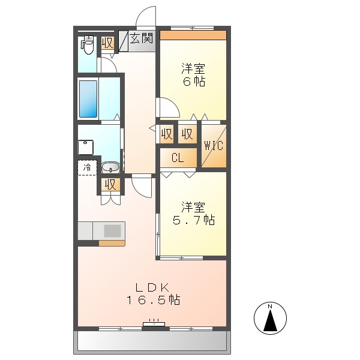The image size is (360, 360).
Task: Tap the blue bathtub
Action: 88,98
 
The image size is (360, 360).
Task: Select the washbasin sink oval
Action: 110,167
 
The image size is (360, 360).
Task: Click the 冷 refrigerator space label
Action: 87,167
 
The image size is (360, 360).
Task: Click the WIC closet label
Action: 214,145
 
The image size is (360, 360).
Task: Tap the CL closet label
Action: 178,158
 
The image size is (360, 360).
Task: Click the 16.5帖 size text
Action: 153,299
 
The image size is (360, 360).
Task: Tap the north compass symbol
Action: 270,319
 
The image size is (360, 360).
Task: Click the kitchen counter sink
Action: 112,230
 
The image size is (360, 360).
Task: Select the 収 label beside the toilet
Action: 107,43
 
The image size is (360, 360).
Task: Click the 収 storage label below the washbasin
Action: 110,184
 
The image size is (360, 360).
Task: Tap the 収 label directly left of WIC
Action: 187,134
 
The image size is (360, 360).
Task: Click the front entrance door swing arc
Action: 146,18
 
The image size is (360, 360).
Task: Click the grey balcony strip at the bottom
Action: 151,341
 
